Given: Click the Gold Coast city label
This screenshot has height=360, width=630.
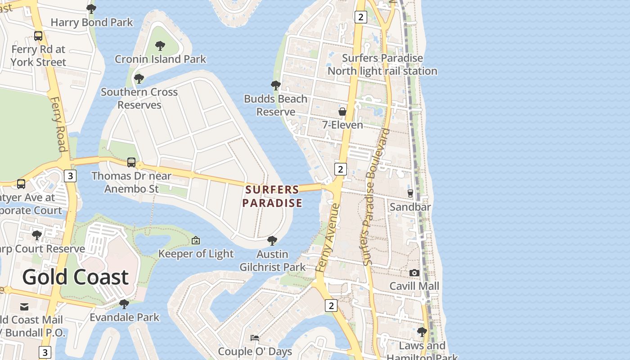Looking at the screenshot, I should pyautogui.click(x=75, y=277).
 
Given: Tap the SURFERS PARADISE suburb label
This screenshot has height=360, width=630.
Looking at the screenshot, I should pyautogui.click(x=272, y=196).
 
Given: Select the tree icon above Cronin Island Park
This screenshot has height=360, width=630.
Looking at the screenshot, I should pyautogui.click(x=160, y=45).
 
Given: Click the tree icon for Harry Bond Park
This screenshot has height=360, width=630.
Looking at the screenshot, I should pyautogui.click(x=91, y=9).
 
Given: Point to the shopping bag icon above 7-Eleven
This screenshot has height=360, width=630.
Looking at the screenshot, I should pyautogui.click(x=342, y=111).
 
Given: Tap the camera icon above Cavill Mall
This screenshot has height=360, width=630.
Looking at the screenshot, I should pyautogui.click(x=414, y=273).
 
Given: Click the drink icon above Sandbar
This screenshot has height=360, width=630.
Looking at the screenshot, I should pyautogui.click(x=410, y=193).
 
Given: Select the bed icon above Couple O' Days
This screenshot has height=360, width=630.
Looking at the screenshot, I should pyautogui.click(x=255, y=337).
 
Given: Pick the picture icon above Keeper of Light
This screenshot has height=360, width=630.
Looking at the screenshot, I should pyautogui.click(x=196, y=240).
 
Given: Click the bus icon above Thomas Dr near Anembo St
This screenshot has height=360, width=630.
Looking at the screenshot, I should pyautogui.click(x=131, y=162).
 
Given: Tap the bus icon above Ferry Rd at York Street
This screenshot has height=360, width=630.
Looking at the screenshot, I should pyautogui.click(x=38, y=36).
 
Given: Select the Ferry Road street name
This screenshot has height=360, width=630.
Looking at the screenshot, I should pyautogui.click(x=58, y=124).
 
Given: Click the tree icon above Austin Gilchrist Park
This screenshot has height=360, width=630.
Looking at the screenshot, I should pyautogui.click(x=272, y=241).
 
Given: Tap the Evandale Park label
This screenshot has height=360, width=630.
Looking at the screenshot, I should pyautogui.click(x=124, y=317).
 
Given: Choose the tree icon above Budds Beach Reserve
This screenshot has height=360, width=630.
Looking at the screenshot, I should pyautogui.click(x=276, y=85).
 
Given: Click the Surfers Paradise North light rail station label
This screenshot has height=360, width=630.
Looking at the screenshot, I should pyautogui.click(x=382, y=64).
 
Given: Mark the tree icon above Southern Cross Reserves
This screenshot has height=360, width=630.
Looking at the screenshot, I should pyautogui.click(x=139, y=79).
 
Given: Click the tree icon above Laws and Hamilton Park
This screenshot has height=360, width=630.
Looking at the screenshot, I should pyautogui.click(x=422, y=332).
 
